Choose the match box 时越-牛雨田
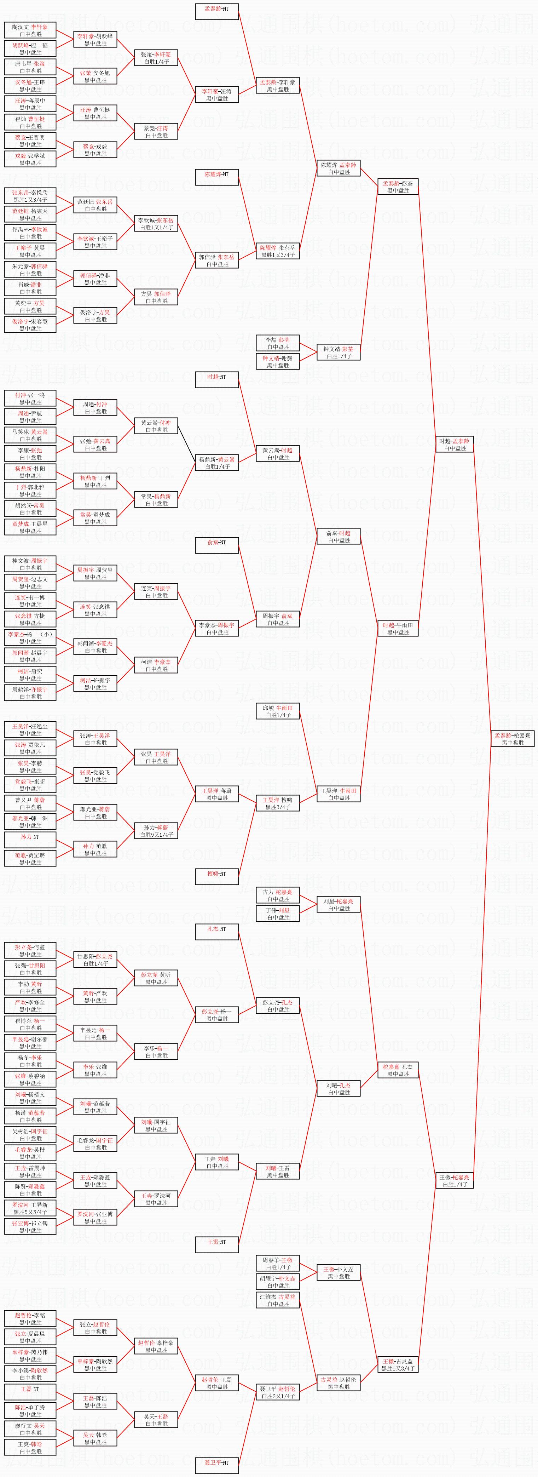coord(398,628)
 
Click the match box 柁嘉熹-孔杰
coord(398,1070)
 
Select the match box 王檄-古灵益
coord(398,1364)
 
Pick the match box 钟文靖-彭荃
coord(339,352)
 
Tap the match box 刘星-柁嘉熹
coord(339,904)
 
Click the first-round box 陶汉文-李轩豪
coord(30,30)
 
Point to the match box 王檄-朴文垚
coord(339,1272)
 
